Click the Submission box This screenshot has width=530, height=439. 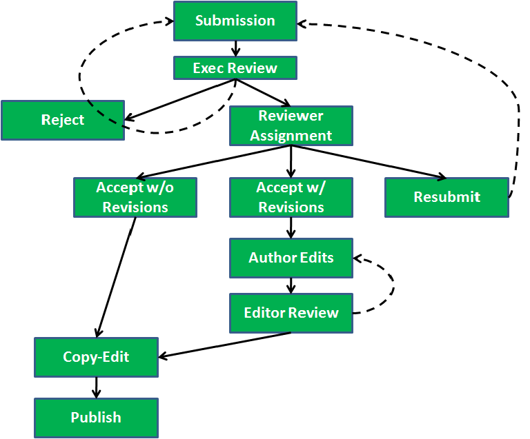235,21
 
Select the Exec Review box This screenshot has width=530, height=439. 235,68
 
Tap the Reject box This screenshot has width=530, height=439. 62,120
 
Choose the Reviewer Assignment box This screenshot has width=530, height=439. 291,125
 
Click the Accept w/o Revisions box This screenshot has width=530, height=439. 135,197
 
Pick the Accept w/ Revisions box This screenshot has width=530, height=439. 291,197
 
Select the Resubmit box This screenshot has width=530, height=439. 446,197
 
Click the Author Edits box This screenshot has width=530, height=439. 291,258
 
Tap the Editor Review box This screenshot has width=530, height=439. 291,313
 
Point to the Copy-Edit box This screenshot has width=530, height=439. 96,357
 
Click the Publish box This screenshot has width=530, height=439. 96,418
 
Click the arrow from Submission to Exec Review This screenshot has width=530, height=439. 235,48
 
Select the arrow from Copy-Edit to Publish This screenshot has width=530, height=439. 97,387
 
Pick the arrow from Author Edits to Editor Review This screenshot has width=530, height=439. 291,285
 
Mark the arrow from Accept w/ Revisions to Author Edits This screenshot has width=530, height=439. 291,227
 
